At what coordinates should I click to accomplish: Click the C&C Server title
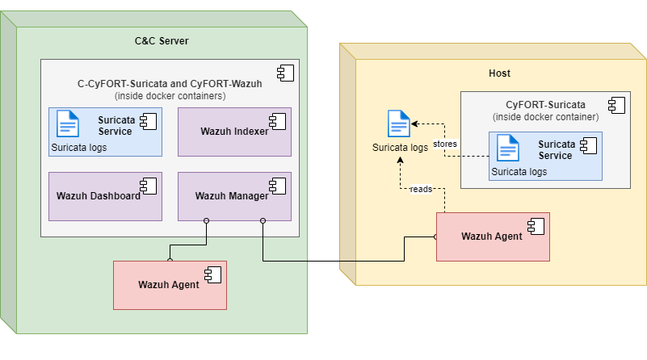(x=162, y=41)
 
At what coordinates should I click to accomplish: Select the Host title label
(x=499, y=73)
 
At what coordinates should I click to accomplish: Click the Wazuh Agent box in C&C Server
(x=170, y=284)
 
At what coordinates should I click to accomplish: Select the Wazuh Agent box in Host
(x=493, y=237)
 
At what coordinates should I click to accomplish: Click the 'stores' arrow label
(x=445, y=144)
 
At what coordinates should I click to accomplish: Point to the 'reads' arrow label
(x=420, y=189)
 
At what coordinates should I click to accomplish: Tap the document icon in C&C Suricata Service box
(x=68, y=123)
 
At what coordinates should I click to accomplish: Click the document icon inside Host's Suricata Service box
(x=507, y=148)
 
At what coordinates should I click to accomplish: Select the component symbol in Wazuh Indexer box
(x=278, y=121)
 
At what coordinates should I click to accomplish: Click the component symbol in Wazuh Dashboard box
(x=149, y=186)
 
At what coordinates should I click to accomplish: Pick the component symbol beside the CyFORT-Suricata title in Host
(x=616, y=105)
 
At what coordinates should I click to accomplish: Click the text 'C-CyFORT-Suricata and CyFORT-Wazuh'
(x=170, y=83)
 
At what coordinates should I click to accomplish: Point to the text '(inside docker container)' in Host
(x=545, y=116)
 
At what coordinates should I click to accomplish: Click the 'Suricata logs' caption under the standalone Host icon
(x=400, y=148)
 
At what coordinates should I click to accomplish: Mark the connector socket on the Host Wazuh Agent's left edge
(x=435, y=237)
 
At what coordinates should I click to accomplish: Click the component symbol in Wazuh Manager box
(x=278, y=186)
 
